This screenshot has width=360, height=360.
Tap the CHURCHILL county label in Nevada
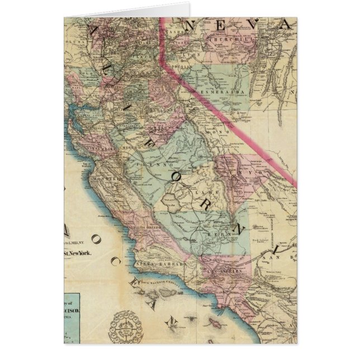[x=222, y=40]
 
